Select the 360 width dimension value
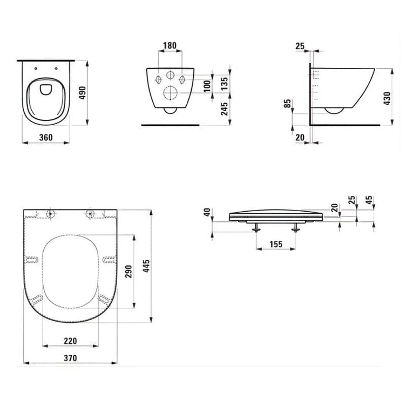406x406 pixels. point(46,137)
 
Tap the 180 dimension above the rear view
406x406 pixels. point(170,46)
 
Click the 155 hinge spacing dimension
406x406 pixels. point(276,244)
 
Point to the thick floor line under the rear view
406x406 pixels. point(170,124)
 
